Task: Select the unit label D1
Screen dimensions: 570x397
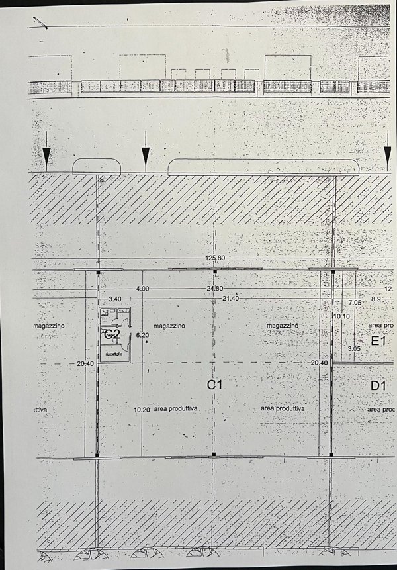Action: pyautogui.click(x=378, y=385)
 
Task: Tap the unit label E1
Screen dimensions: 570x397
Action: pyautogui.click(x=378, y=342)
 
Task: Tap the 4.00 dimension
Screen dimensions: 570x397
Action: pyautogui.click(x=142, y=289)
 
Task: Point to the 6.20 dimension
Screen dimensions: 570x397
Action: pyautogui.click(x=142, y=336)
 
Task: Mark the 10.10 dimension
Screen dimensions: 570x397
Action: pyautogui.click(x=341, y=317)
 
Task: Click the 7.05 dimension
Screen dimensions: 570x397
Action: pyautogui.click(x=355, y=302)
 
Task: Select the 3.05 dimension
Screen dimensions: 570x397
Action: pyautogui.click(x=355, y=348)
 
